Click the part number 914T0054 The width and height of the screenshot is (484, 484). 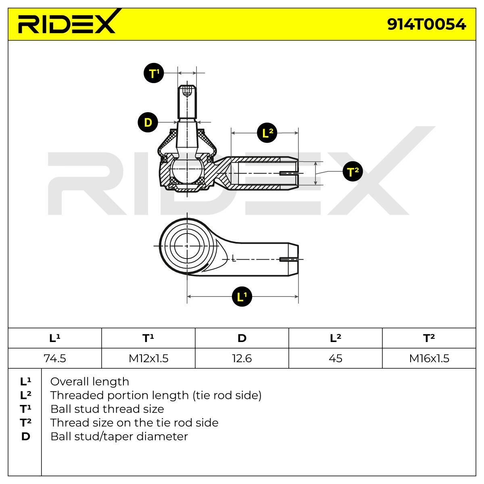tap(426, 24)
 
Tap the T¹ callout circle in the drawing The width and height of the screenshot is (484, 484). tap(154, 73)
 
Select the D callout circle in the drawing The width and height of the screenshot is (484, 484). tap(148, 122)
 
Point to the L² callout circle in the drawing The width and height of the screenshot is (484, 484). tap(267, 133)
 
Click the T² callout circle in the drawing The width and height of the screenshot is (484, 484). tap(353, 171)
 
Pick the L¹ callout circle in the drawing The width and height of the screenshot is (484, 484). tap(242, 296)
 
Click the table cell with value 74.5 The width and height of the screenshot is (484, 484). tap(55, 358)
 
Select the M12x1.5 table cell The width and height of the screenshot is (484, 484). tap(148, 358)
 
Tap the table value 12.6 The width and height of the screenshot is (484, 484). tap(242, 358)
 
